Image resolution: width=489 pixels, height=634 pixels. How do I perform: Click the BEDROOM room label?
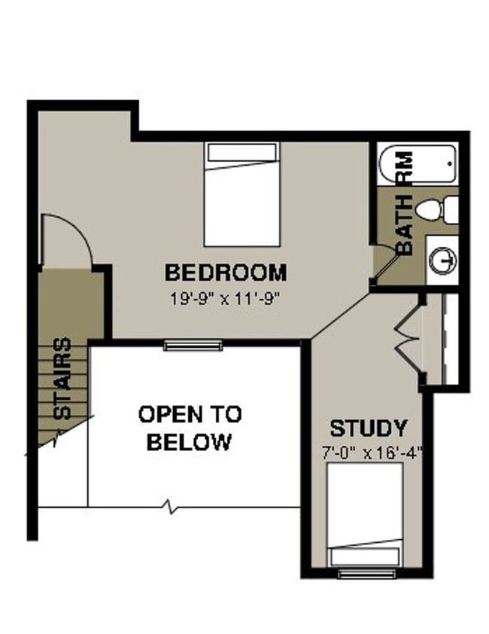click(225, 272)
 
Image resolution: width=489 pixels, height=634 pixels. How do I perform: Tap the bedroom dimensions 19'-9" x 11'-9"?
click(225, 297)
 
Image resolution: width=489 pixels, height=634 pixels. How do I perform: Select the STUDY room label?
click(369, 429)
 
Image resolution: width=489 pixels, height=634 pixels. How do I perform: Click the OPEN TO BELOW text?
click(190, 428)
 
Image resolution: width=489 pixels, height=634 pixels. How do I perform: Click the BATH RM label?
click(404, 203)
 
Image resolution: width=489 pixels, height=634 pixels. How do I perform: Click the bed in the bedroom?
click(242, 195)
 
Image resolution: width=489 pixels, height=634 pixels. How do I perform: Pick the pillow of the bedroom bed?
click(242, 153)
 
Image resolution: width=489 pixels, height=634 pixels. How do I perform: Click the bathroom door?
click(386, 268)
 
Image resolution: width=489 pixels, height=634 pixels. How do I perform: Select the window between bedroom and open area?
click(193, 346)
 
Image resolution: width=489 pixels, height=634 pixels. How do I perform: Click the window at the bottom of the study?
click(366, 574)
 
